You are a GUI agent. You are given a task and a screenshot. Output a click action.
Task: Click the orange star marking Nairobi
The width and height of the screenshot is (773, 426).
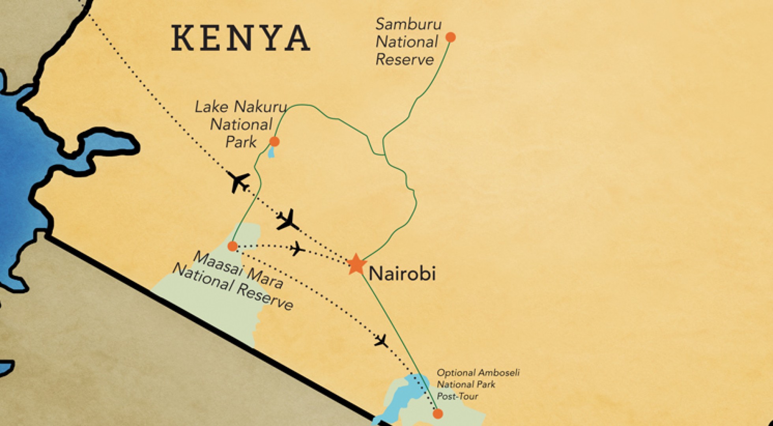tap(356, 264)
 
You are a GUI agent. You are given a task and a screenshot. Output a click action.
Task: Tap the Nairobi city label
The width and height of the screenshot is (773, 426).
tap(402, 273)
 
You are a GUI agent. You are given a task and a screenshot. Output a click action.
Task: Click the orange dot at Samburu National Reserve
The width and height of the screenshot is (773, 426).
tap(450, 37)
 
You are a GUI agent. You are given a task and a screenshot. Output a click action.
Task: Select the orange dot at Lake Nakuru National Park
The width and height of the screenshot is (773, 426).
tap(274, 141)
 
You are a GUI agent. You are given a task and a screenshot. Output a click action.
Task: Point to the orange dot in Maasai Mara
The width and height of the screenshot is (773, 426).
tap(233, 246)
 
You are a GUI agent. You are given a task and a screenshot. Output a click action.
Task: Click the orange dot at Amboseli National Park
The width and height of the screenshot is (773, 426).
tap(438, 413)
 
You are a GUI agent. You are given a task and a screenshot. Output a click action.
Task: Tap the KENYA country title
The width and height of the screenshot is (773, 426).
tap(241, 38)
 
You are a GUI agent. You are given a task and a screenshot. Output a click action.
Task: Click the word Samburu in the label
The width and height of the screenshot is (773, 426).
tap(408, 24)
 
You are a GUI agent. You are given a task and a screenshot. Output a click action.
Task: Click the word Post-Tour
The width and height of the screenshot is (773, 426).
tap(457, 396)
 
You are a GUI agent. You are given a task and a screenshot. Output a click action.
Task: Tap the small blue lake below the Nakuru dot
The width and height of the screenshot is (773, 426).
tap(271, 152)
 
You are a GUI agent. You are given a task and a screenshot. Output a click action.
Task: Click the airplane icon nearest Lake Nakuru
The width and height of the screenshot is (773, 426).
tap(239, 182)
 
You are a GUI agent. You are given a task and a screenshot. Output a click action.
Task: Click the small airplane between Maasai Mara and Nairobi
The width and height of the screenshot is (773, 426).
tap(297, 249)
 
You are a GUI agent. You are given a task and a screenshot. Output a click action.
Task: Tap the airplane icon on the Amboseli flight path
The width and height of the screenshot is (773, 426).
tap(381, 341)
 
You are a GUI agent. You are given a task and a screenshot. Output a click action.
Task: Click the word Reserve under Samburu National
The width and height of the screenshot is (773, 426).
tap(404, 60)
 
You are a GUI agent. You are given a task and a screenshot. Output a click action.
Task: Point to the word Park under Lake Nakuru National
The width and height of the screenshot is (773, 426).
tap(241, 142)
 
